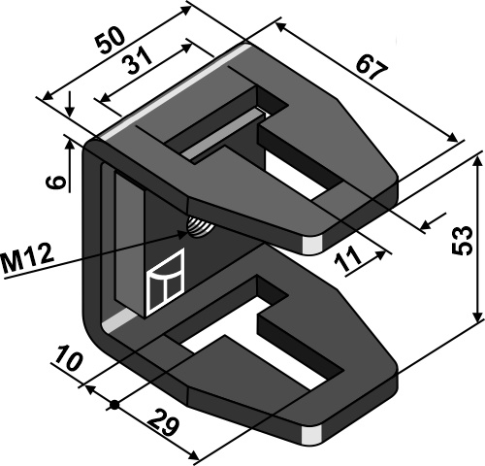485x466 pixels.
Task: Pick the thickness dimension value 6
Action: click(57, 182)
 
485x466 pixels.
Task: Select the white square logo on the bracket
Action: click(164, 282)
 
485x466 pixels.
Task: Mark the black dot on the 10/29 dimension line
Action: click(114, 404)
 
